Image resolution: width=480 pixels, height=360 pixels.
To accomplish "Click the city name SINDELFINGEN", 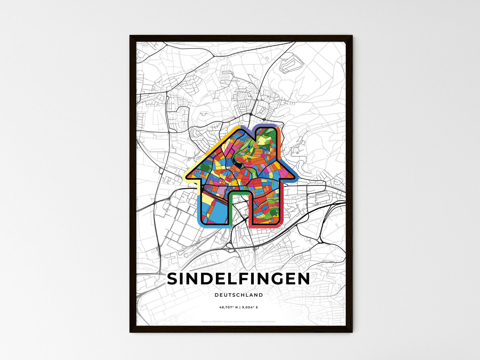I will (238, 279).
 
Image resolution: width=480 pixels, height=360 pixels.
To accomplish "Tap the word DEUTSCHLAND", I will (239, 295).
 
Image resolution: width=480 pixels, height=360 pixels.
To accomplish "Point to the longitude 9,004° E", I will (249, 308).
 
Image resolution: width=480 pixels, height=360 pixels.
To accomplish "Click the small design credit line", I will (239, 321).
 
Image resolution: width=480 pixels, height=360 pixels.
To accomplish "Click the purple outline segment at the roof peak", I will (246, 128).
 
